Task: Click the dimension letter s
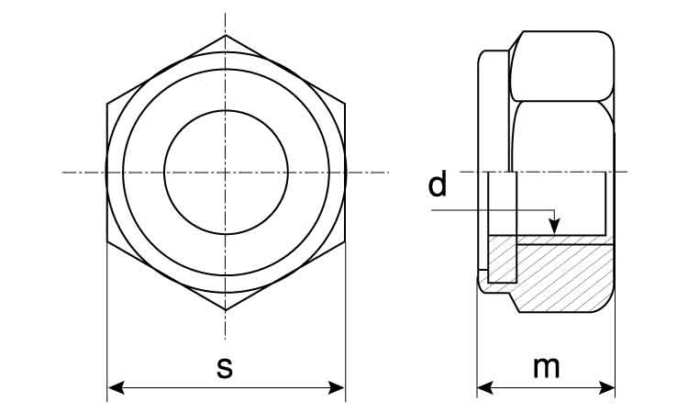pos(225,368)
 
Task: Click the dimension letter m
pos(547,367)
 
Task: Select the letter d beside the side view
pos(438,184)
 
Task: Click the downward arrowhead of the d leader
pos(553,226)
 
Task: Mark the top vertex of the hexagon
pos(226,35)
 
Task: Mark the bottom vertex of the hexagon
pos(226,310)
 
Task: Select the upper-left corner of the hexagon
pos(107,103)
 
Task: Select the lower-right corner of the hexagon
pos(345,241)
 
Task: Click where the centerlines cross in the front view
pos(226,172)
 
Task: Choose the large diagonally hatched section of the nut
pos(564,275)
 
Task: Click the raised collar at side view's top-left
pos(493,73)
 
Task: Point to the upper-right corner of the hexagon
pos(345,103)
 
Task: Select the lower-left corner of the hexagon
pos(107,241)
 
